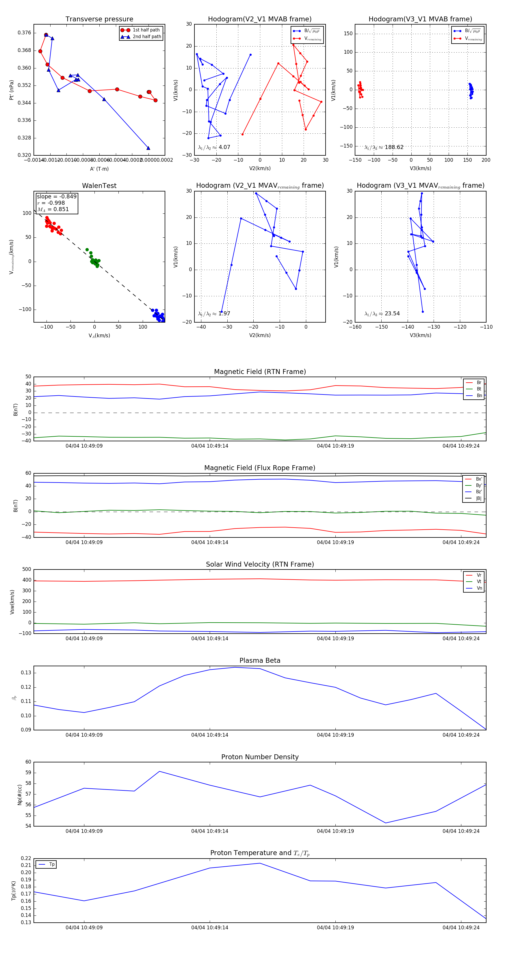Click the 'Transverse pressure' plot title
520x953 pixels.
click(99, 19)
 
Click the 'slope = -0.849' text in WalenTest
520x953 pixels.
click(57, 196)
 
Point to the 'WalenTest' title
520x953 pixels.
click(99, 186)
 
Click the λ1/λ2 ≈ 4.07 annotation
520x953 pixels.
click(214, 147)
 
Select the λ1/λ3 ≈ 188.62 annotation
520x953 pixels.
click(384, 147)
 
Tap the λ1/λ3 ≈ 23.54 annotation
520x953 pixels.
click(382, 314)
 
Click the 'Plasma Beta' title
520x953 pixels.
click(260, 661)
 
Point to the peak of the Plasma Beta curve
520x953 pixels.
click(235, 667)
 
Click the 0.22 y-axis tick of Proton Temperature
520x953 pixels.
click(26, 858)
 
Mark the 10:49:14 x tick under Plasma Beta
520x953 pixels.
click(209, 735)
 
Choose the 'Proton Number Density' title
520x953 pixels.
click(260, 757)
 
